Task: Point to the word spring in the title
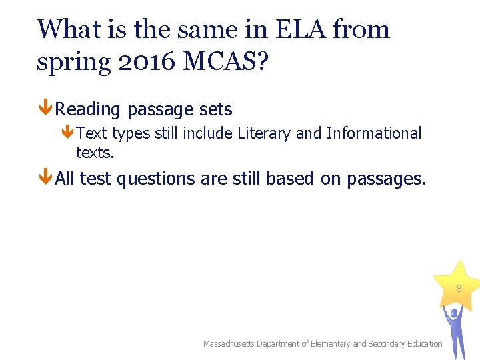coord(69,62)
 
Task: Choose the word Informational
coord(374,133)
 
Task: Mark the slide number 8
coord(459,289)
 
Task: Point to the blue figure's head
coord(454,312)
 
